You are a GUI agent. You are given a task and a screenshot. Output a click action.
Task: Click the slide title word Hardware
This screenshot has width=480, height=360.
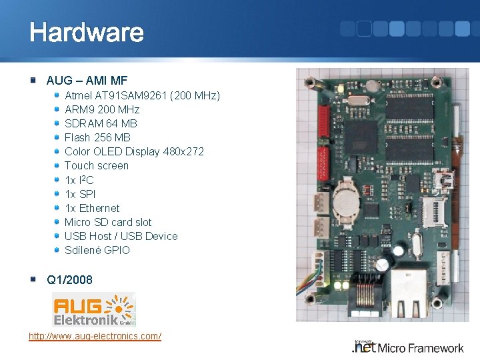86,33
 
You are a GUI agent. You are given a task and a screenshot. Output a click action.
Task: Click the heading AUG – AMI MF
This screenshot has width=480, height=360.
87,81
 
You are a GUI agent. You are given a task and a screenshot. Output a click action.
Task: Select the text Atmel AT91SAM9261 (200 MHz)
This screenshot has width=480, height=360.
142,95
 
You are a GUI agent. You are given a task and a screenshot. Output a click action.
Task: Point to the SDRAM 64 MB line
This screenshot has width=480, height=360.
101,123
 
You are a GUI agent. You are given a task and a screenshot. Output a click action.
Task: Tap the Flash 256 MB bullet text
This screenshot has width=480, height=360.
97,137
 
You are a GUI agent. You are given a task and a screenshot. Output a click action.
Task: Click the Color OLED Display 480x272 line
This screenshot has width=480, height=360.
134,151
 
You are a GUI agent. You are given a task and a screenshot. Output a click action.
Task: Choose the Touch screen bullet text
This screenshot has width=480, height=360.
97,165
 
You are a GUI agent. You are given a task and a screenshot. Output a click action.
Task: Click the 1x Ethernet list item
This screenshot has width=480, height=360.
92,208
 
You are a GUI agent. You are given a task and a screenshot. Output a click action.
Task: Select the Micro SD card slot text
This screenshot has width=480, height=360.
108,222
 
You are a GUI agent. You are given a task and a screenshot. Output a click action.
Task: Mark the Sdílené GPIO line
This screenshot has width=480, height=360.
97,250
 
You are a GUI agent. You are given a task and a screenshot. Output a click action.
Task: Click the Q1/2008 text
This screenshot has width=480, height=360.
69,279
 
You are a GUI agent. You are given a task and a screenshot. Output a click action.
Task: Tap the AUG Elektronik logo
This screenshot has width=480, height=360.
94,309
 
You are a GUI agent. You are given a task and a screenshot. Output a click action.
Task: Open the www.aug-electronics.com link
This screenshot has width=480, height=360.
95,336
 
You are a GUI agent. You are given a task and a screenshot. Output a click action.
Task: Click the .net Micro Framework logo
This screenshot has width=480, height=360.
407,347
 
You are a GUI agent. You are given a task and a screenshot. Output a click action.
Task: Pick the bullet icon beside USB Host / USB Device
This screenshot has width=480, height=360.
57,236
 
